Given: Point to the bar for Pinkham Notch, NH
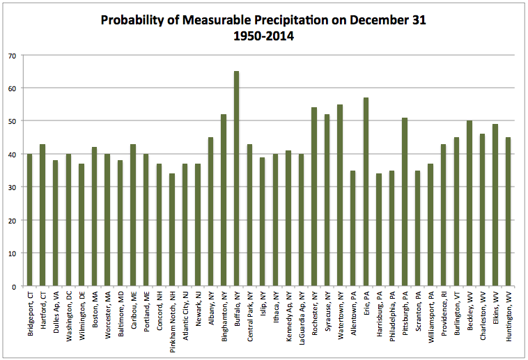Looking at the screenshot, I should tap(171, 230).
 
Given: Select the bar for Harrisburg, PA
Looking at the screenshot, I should tap(379, 230).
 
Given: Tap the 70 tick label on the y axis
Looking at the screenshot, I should tap(12, 55).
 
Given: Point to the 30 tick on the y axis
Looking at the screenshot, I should tap(12, 187).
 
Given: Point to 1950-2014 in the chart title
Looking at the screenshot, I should tap(263, 36).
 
